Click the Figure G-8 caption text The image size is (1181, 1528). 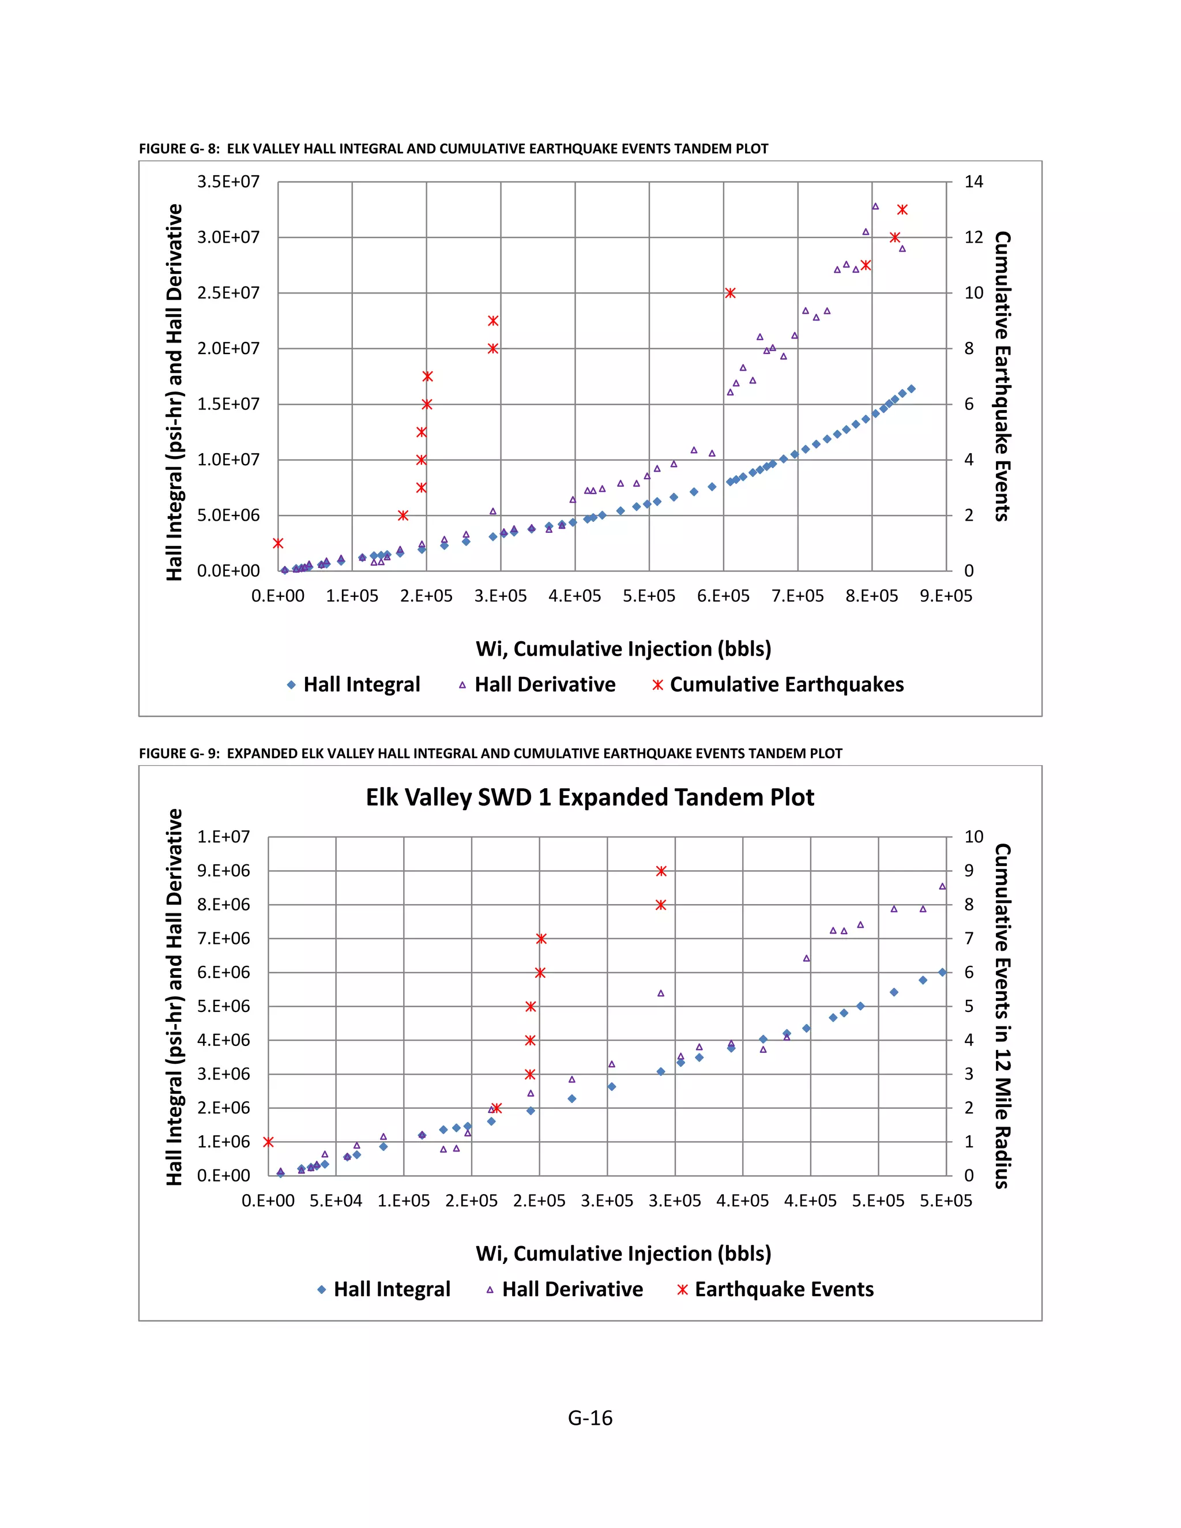click(x=453, y=148)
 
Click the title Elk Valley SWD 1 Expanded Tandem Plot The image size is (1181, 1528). click(x=590, y=797)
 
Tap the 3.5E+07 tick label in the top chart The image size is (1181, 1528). click(x=228, y=182)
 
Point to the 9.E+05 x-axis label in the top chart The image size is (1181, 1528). click(x=946, y=596)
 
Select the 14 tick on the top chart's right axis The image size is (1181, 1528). click(x=973, y=182)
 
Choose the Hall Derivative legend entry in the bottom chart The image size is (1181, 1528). click(x=565, y=1289)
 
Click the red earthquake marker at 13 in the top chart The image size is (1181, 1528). click(x=902, y=210)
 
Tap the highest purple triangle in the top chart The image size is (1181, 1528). click(x=875, y=206)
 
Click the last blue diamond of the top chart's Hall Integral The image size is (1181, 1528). click(x=911, y=389)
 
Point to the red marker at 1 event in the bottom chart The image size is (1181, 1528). click(x=268, y=1142)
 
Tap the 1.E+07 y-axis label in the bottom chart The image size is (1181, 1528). click(x=223, y=837)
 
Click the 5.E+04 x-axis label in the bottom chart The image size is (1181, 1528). click(x=336, y=1200)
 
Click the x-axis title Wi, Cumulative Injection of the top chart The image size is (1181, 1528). click(x=623, y=649)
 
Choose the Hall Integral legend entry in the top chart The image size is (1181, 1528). click(x=353, y=684)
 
